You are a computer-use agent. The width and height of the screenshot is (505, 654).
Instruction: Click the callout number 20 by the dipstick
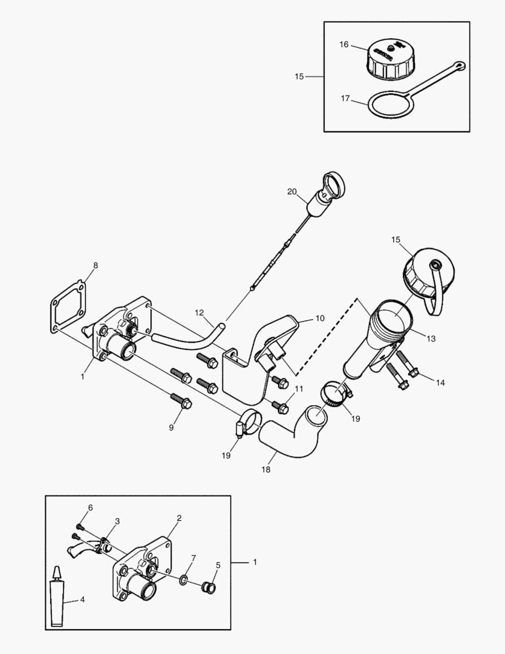click(292, 192)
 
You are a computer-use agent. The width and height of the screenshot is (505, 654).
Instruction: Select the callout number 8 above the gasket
click(95, 265)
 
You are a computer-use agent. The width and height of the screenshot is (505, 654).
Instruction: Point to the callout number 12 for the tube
click(200, 312)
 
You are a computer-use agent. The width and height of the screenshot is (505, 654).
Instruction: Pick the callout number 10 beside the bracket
click(320, 317)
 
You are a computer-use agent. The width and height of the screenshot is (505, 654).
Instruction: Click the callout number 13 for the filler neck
click(431, 339)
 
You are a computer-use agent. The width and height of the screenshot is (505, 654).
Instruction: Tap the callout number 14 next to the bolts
click(440, 382)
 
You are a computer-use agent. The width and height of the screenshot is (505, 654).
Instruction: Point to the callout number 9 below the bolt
click(171, 428)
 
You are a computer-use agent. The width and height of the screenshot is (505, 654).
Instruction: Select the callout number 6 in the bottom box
click(90, 507)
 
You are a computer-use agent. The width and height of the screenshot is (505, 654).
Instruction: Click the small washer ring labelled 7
click(183, 581)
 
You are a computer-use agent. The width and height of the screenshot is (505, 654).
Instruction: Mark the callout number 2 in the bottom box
click(180, 518)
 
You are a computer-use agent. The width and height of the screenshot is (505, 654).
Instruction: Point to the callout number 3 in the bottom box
click(117, 521)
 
